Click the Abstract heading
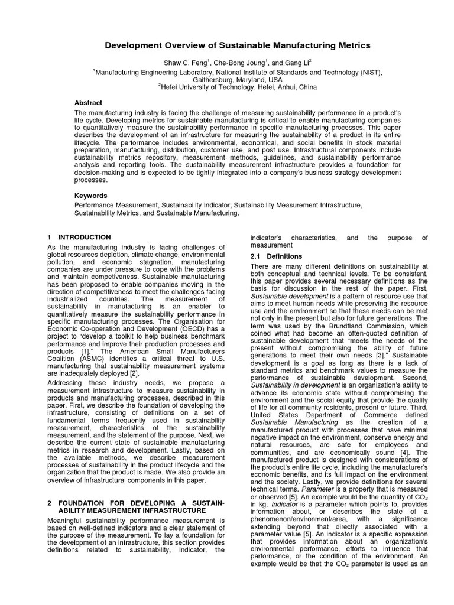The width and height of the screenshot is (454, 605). coord(88,102)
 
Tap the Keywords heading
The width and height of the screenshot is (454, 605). coord(90,195)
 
